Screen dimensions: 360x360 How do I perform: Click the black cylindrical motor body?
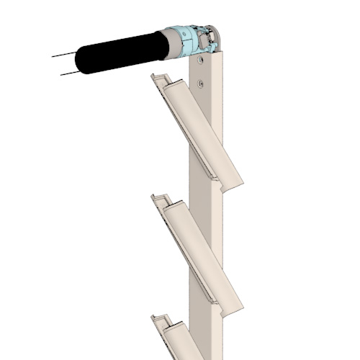coord(119,53)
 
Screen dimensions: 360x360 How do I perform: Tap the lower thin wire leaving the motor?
coord(68,73)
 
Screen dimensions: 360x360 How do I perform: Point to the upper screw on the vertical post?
coord(202,63)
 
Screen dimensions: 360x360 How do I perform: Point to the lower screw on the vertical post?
coord(201,83)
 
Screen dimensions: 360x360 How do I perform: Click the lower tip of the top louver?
coord(238,186)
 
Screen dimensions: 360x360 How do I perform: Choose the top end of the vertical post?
coord(213,55)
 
